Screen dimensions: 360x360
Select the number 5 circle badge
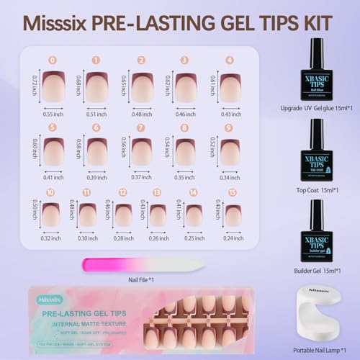[52, 128]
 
